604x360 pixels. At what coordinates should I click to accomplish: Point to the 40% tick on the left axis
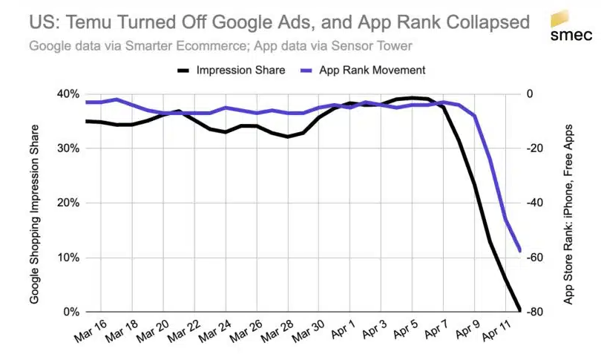click(68, 94)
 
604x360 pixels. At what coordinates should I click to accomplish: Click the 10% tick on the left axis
click(68, 258)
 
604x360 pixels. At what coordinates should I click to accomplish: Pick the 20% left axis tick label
click(68, 203)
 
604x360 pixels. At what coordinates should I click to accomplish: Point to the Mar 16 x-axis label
click(92, 330)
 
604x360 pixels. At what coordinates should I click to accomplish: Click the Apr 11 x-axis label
click(496, 330)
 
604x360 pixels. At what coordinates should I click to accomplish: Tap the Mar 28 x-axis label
click(278, 330)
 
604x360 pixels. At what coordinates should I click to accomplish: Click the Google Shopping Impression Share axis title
click(35, 203)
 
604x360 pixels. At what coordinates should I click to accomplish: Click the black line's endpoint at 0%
click(519, 310)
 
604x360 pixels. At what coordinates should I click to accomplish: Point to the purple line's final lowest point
click(519, 250)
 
